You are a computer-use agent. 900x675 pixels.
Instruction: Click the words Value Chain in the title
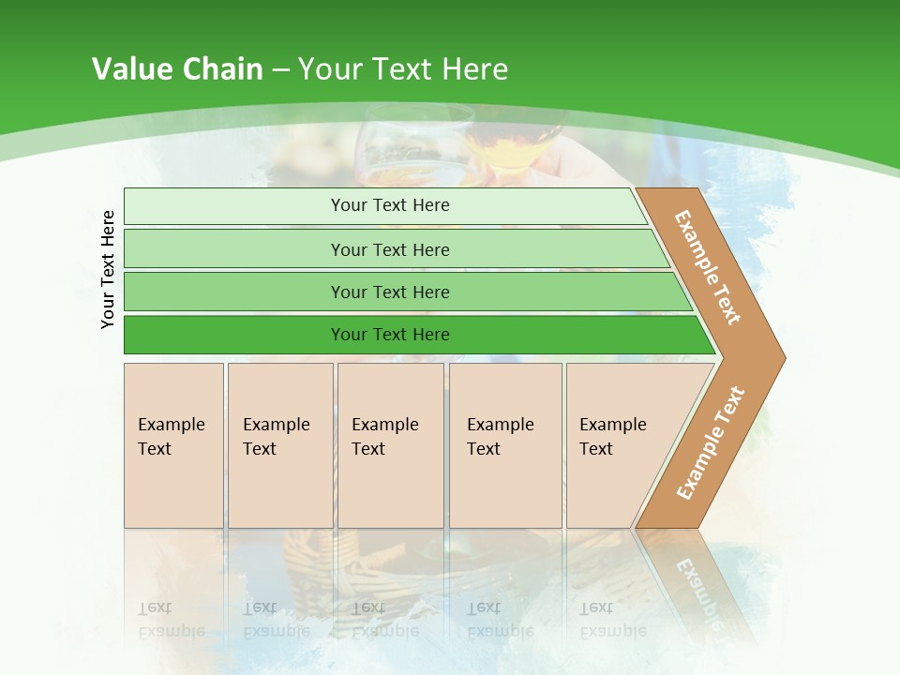[177, 69]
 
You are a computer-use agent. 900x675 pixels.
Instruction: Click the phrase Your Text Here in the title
[403, 69]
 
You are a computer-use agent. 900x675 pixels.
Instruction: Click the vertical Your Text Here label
[108, 269]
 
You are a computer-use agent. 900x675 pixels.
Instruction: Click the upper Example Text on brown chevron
[708, 267]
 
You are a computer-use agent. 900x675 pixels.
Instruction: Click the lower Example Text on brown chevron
[710, 443]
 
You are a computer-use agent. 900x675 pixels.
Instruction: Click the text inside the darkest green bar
[390, 335]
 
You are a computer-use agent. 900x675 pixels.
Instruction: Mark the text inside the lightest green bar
[390, 205]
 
